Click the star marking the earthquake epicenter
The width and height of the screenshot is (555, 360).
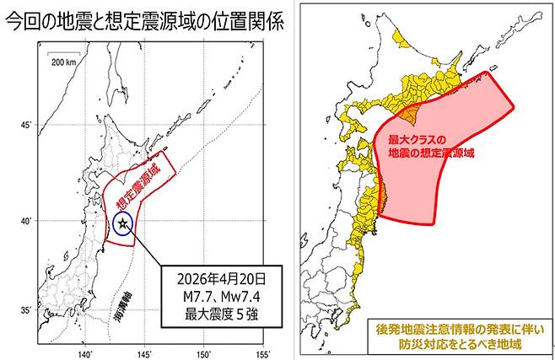tap(123, 223)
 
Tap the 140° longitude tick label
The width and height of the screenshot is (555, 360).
tap(85, 353)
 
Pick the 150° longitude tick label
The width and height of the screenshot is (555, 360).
tap(205, 353)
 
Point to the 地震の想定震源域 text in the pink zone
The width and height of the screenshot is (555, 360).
tap(431, 153)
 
